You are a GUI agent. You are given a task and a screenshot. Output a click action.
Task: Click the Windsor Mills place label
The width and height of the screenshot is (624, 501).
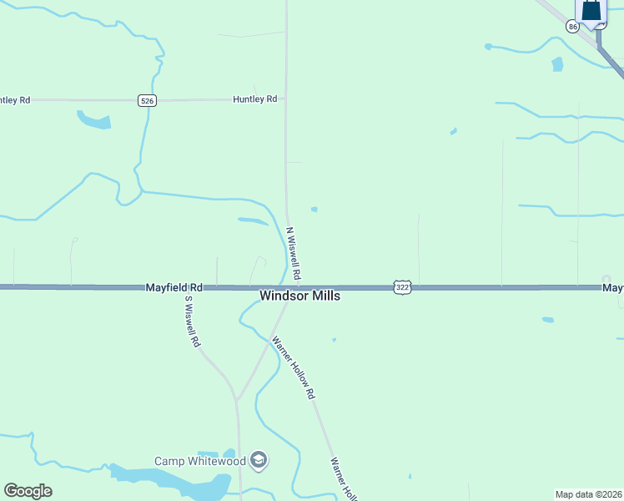299,296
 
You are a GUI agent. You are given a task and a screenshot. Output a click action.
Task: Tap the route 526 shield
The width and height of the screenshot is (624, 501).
147,100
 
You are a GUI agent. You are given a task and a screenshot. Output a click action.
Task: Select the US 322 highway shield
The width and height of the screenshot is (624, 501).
402,287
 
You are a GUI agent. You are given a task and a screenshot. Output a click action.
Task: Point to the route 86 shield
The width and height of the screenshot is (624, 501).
572,27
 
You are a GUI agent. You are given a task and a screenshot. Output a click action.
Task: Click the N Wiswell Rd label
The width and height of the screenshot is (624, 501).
293,253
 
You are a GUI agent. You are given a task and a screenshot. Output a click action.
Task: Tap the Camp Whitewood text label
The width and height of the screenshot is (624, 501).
200,461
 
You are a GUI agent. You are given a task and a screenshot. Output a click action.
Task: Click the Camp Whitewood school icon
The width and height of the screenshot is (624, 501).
259,460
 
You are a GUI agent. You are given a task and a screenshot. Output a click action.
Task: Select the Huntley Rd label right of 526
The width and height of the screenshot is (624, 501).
254,99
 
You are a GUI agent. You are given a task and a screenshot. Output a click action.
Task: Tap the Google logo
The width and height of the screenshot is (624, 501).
28,491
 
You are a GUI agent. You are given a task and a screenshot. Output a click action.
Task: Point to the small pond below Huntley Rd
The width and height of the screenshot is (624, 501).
93,120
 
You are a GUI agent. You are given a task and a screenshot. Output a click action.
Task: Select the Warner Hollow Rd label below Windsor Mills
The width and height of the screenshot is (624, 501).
294,367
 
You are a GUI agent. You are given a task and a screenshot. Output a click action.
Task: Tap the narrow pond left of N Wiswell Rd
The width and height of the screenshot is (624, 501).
253,221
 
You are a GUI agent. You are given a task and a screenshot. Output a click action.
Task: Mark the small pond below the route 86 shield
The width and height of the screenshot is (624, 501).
556,63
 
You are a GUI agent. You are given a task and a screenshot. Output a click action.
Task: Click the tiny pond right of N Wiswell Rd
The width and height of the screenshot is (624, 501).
314,209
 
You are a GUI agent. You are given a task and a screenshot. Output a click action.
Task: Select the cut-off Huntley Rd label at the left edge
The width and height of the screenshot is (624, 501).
15,100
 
